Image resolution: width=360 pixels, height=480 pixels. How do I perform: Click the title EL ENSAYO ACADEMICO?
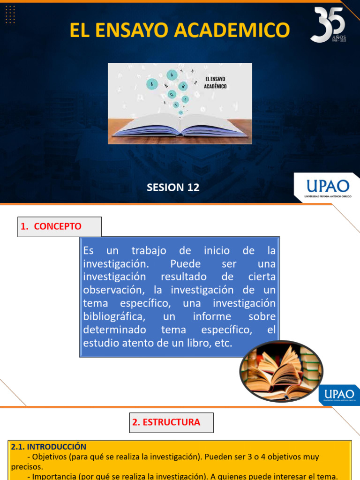(180, 30)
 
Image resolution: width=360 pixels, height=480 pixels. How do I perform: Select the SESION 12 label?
(173, 187)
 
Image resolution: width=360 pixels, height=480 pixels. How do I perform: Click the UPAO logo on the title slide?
(327, 187)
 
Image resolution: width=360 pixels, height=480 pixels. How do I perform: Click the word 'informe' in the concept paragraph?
(212, 316)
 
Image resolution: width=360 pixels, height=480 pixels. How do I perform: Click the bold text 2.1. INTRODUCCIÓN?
(49, 447)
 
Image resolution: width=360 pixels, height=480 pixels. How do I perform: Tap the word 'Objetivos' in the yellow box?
(50, 457)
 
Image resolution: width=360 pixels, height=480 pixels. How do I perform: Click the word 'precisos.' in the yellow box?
(27, 467)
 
